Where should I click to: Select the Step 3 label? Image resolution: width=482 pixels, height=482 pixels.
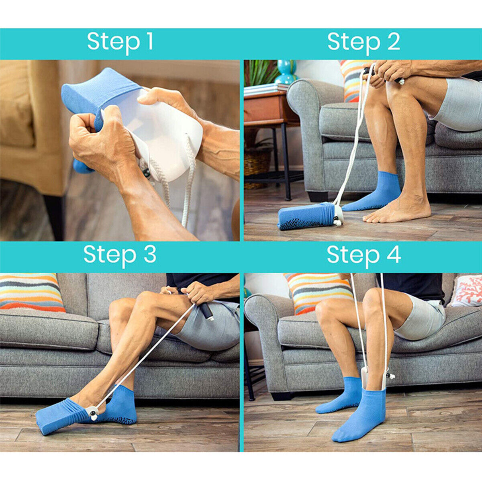click(120, 255)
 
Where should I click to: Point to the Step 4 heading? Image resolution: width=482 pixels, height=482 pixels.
click(364, 255)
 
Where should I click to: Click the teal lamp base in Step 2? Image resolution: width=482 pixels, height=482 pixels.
click(286, 72)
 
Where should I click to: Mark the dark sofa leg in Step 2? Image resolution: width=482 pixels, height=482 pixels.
click(317, 196)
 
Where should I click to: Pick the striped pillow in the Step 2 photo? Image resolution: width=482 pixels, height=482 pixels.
click(351, 80)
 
